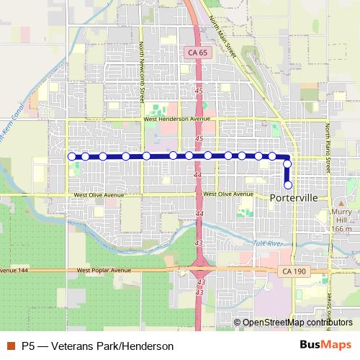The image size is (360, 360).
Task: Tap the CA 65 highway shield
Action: (x=198, y=53)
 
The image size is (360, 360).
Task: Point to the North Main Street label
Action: (x=223, y=38)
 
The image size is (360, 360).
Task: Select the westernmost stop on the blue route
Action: (x=71, y=156)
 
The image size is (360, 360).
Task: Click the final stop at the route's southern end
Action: (x=287, y=185)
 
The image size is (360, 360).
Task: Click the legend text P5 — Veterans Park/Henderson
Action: (x=97, y=346)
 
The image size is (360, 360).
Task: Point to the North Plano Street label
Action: (x=327, y=147)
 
